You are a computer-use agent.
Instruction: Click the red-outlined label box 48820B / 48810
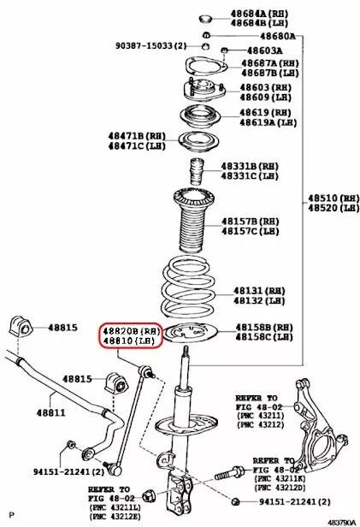133,335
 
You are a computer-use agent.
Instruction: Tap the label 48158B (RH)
264,328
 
